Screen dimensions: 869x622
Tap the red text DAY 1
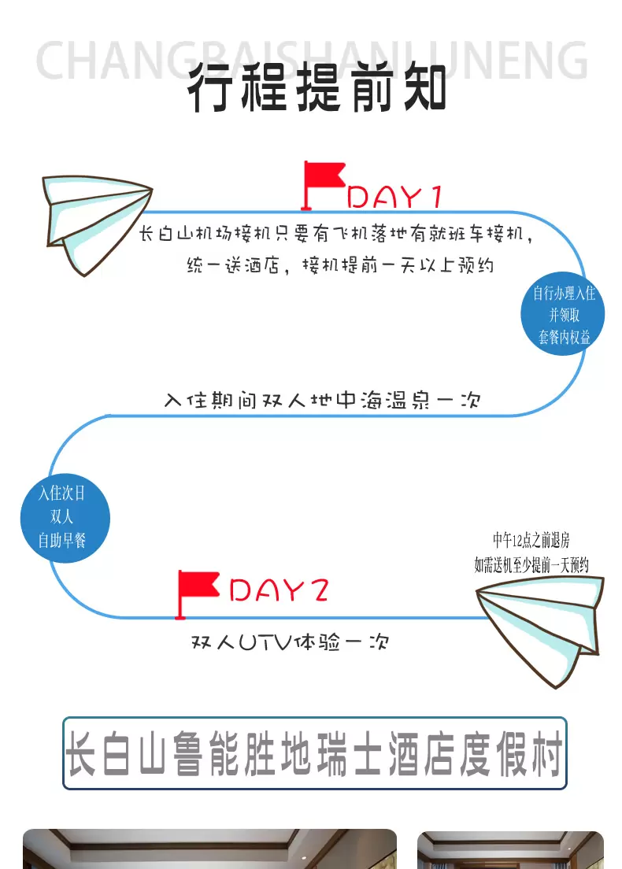pos(395,197)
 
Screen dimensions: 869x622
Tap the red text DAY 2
pos(278,590)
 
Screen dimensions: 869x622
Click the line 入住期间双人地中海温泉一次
pos(322,401)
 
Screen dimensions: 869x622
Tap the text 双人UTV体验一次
pos(290,642)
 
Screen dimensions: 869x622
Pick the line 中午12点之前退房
pos(531,540)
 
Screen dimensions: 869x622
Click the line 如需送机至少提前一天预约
pos(531,564)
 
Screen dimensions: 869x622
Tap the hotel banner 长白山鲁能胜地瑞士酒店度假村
pos(315,753)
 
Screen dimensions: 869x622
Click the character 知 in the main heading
pos(424,89)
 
